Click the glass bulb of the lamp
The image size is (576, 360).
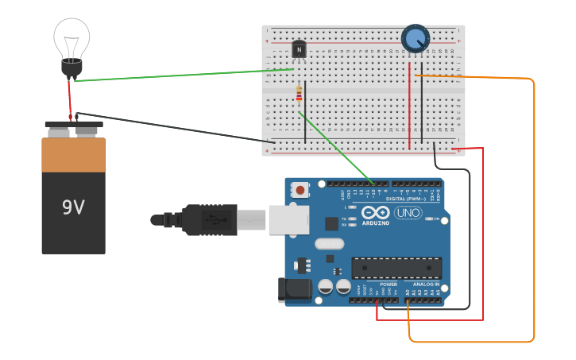[72, 38]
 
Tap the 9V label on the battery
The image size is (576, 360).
[73, 207]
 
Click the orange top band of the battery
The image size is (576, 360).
[73, 155]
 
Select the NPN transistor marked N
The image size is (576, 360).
[299, 50]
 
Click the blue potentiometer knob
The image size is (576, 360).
[415, 38]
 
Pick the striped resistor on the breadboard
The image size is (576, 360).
[299, 95]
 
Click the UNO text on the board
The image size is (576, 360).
[408, 213]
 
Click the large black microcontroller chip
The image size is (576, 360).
[396, 268]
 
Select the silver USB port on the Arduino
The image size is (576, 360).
[288, 220]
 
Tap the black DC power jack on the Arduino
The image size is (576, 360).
[294, 290]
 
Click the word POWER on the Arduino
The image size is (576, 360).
[389, 284]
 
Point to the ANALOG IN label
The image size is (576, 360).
[425, 284]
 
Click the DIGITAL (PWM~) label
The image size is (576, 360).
[405, 199]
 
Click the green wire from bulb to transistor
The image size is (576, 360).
[183, 75]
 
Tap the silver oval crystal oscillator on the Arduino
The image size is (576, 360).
[329, 244]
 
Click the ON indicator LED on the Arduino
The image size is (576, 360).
[430, 219]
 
